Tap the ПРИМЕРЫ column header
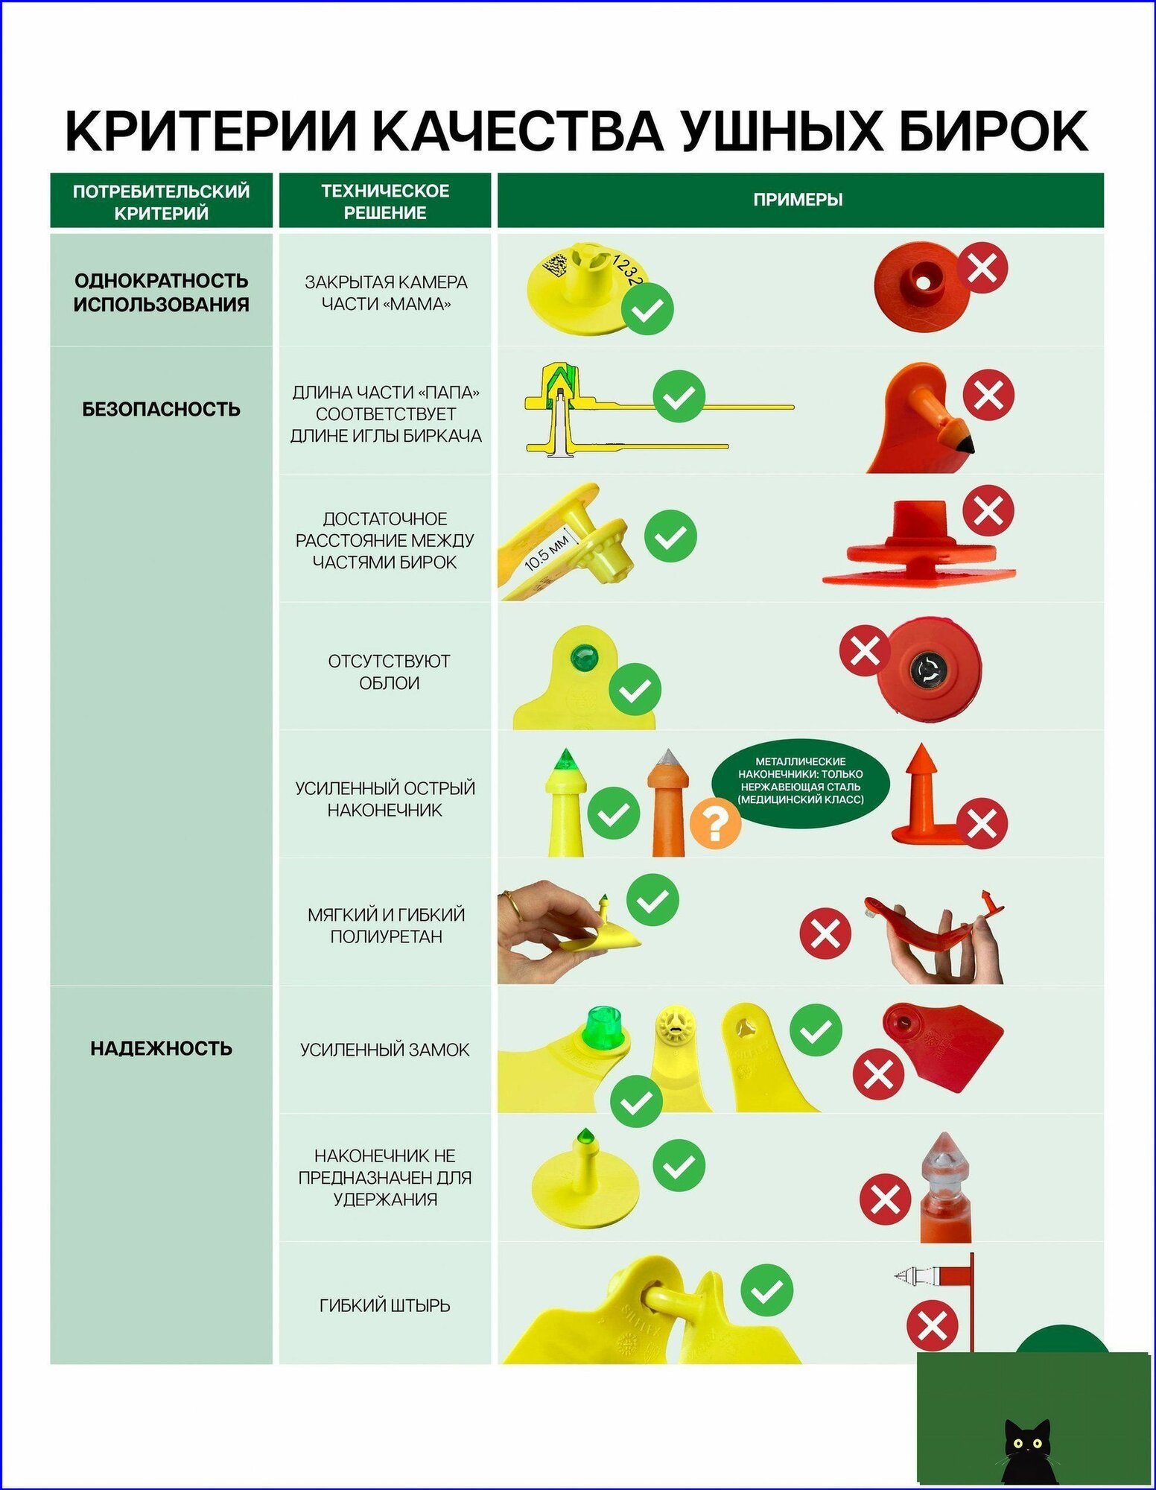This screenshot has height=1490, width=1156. click(x=798, y=200)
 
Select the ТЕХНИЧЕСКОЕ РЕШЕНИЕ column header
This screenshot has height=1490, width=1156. click(x=385, y=201)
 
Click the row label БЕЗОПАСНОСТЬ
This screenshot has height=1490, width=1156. click(x=161, y=408)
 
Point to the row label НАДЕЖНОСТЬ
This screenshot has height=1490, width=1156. click(x=161, y=1048)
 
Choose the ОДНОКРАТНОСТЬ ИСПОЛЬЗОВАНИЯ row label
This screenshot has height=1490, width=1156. click(x=161, y=292)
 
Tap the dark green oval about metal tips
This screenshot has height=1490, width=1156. click(x=801, y=780)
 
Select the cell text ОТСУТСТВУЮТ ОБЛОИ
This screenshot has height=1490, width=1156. click(x=389, y=671)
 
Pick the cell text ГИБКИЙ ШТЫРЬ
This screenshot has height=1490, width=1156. click(x=385, y=1304)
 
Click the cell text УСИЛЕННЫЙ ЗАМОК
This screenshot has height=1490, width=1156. click(x=385, y=1049)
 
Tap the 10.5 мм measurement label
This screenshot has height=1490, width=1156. click(x=547, y=551)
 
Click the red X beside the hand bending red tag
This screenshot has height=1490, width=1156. click(x=825, y=933)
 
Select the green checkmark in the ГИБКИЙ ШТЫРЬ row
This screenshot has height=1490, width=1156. click(x=767, y=1290)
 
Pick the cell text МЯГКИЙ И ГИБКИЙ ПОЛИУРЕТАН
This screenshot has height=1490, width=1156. click(x=386, y=925)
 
